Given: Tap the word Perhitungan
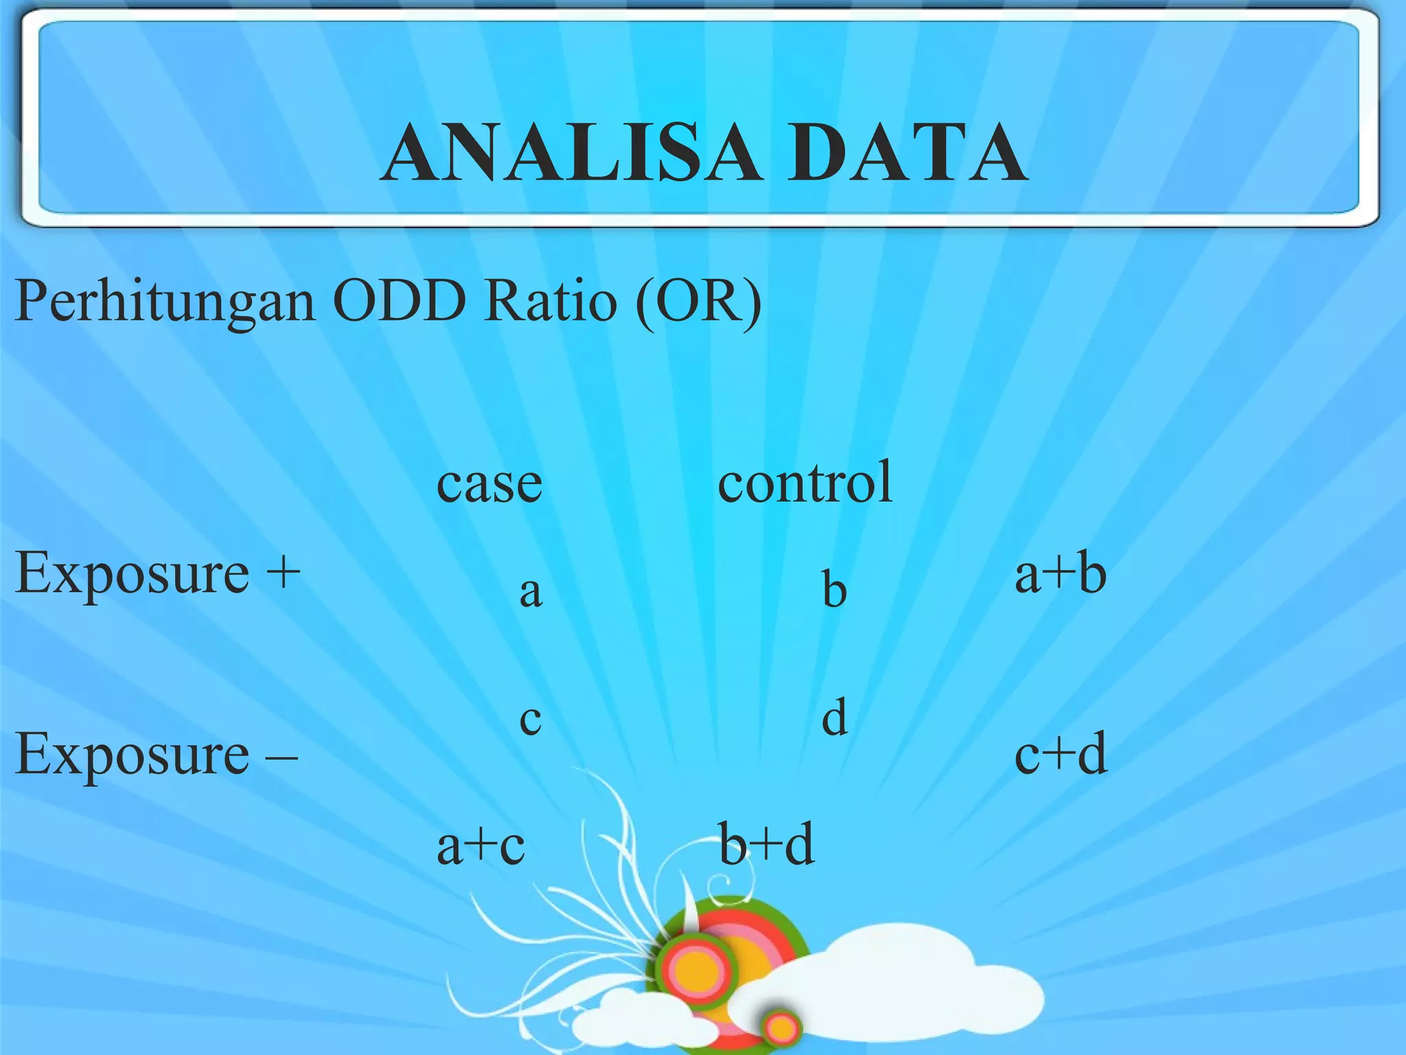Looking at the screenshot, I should tap(165, 302).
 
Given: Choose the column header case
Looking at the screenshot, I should tap(489, 483).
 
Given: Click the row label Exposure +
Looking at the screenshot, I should tap(158, 574).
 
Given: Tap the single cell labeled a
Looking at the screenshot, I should tap(531, 591).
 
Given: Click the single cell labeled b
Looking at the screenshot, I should tap(835, 589).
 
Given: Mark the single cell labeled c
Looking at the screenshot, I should tap(531, 719).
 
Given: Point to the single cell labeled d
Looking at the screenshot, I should tap(835, 717).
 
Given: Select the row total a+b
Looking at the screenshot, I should tap(1060, 573).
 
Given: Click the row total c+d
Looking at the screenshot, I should tap(1061, 753).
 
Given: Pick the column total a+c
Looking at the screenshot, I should tap(481, 845).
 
